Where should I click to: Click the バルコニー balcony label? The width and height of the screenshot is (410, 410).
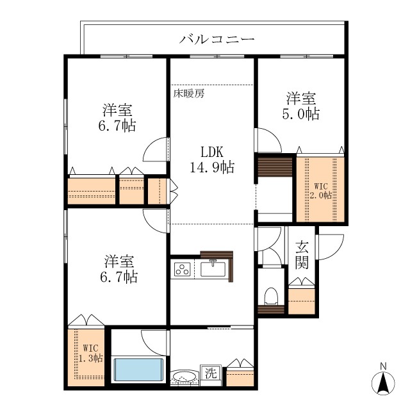[217, 40]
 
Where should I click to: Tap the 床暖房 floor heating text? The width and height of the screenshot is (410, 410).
[189, 94]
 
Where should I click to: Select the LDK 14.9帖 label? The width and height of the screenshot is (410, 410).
[211, 160]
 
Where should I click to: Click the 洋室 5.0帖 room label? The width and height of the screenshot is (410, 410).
[302, 106]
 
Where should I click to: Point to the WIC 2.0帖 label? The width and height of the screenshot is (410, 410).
[321, 190]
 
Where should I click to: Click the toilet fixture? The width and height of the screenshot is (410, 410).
[270, 295]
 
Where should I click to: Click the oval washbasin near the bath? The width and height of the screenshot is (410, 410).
[186, 377]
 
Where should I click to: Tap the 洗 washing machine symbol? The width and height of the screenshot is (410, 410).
[209, 372]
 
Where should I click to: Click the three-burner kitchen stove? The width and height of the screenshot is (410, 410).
[181, 270]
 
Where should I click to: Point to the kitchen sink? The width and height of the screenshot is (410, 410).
[213, 269]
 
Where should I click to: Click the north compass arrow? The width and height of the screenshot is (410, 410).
[383, 384]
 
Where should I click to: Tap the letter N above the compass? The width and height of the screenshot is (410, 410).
[383, 366]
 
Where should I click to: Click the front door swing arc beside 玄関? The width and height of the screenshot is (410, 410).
[330, 247]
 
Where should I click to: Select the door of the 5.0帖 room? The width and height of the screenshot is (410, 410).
[268, 140]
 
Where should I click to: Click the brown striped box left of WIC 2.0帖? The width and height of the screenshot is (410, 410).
[275, 169]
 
